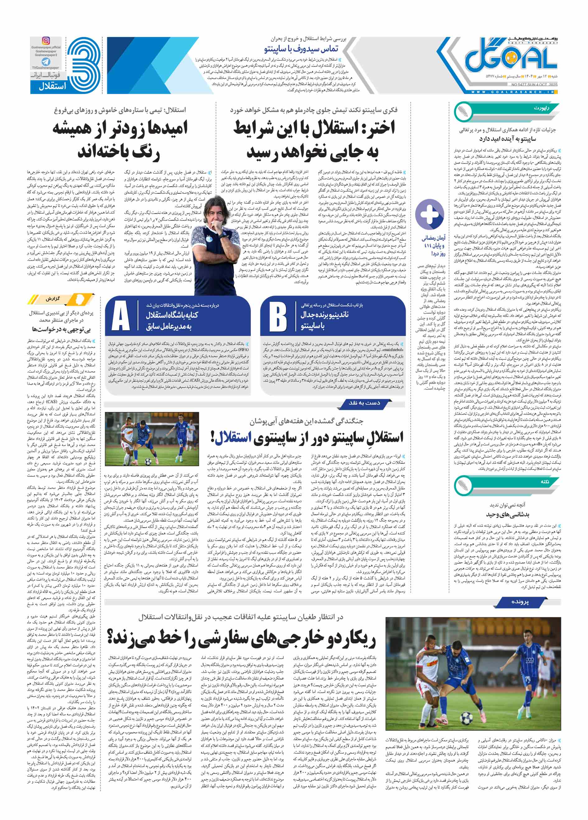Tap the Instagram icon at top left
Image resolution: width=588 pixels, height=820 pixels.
coord(46,41)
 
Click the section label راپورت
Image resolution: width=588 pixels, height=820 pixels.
coord(541,109)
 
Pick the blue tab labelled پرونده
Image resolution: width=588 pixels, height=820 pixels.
coord(520,602)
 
